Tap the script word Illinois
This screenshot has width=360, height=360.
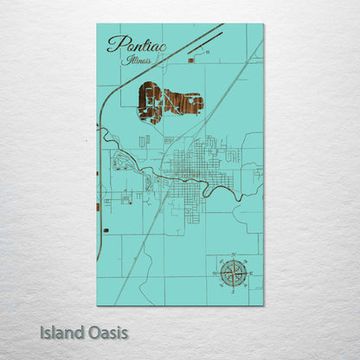(x=137, y=61)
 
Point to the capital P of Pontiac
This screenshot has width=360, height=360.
(x=113, y=43)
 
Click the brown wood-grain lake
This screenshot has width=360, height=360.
(x=169, y=102)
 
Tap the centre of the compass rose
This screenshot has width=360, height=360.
(x=232, y=273)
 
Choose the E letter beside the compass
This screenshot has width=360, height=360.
(x=252, y=273)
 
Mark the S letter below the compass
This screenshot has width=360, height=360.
(x=232, y=293)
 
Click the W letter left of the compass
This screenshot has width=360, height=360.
(x=212, y=273)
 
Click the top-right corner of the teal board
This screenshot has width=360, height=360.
(x=263, y=24)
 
